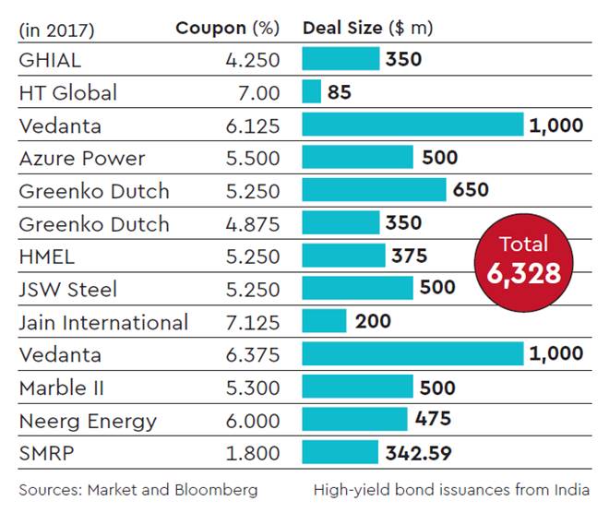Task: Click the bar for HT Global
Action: (312, 92)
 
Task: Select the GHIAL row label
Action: (50, 60)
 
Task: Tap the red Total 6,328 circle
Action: (523, 259)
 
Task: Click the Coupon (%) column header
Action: (227, 28)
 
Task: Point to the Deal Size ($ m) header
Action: (367, 28)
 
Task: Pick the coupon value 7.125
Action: (251, 322)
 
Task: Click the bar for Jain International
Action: (324, 321)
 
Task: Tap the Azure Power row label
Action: (82, 158)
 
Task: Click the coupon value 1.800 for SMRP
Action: (251, 453)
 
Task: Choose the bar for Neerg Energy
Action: (354, 420)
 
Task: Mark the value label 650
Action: (472, 190)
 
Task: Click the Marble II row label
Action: (62, 388)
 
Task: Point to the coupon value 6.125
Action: (251, 125)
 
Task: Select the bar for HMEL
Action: (341, 256)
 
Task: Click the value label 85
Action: (340, 92)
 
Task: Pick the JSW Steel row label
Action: (68, 290)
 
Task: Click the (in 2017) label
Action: (56, 29)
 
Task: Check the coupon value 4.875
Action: (251, 223)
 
